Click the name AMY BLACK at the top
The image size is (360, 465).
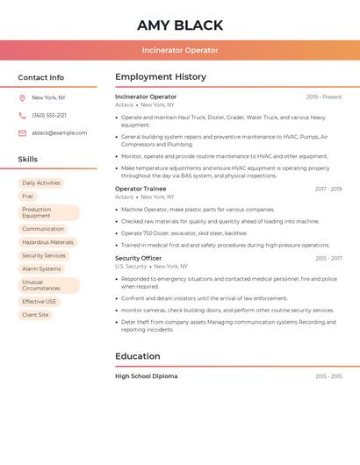coord(180,25)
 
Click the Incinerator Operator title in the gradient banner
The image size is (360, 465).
coord(180,50)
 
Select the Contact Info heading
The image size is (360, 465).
coord(40,77)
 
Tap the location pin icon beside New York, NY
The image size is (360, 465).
coord(22,97)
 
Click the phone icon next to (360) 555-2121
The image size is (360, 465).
coord(22,115)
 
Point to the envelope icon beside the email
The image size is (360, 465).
coord(22,133)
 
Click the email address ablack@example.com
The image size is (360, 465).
coord(59,133)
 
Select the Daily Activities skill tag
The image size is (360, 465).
coord(41,183)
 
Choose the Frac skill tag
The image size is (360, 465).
coord(28,197)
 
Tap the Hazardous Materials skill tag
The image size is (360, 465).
coord(47,242)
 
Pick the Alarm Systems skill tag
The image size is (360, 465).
coord(41,269)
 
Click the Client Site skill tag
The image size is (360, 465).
coord(35,315)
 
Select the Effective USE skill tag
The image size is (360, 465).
coord(39,302)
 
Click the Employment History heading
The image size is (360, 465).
coord(161,77)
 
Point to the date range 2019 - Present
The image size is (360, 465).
coord(324,97)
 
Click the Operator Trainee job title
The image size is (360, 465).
coord(140,189)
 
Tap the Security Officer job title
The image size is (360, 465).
coord(138,258)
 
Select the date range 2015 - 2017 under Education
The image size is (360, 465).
coord(328,376)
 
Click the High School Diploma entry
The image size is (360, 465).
coord(146,376)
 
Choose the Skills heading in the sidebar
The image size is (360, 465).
coord(27,160)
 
